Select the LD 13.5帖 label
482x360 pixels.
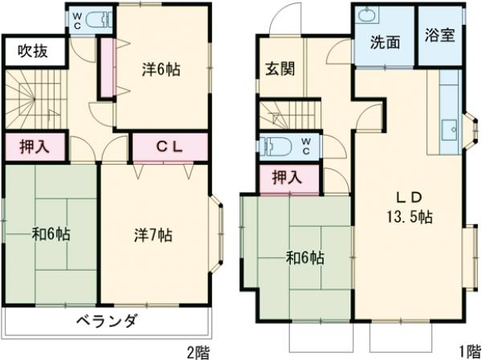[407, 207]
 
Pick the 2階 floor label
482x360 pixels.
[198, 350]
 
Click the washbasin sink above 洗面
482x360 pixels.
[368, 16]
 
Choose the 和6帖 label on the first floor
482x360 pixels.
[305, 258]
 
